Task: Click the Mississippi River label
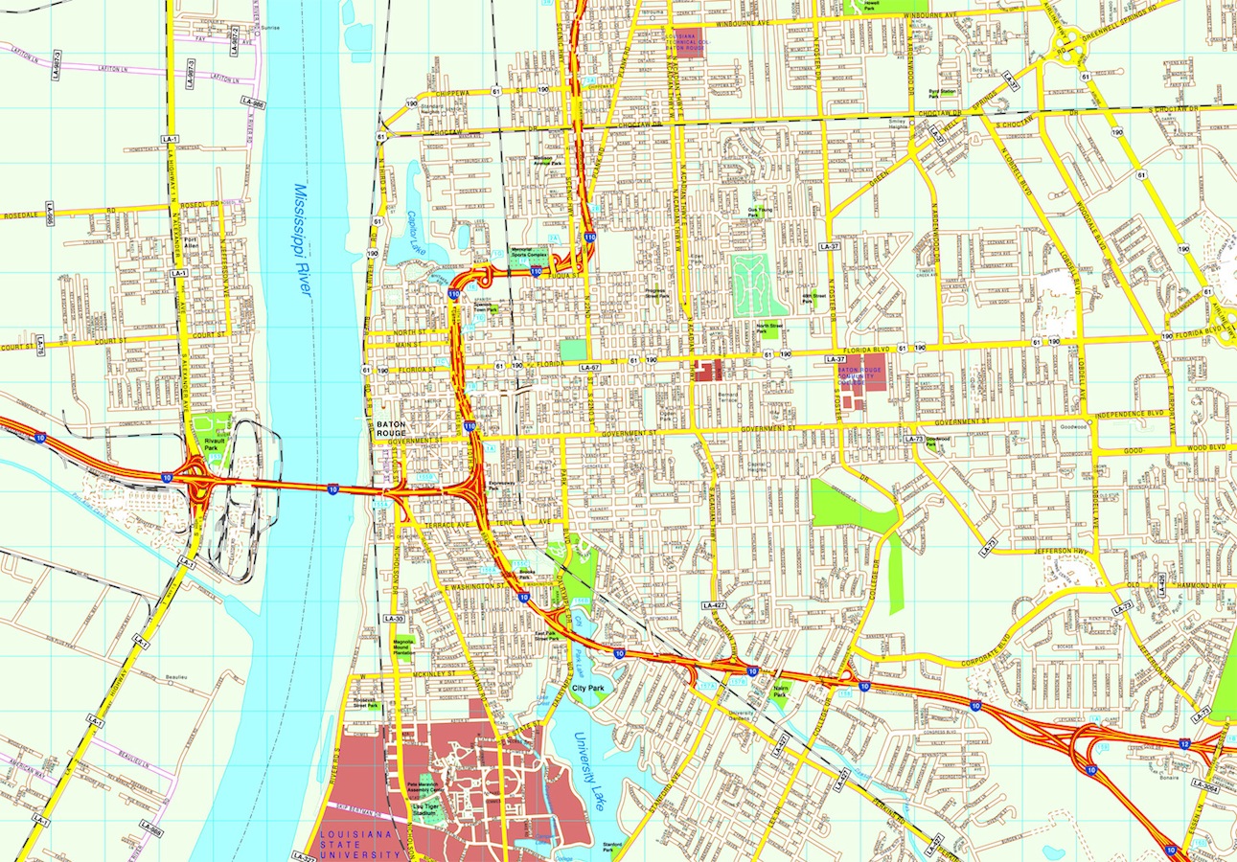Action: (304, 238)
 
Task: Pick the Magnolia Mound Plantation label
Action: (403, 646)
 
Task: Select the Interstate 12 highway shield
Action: (1185, 744)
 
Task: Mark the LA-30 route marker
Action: (393, 619)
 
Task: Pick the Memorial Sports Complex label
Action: (529, 256)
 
